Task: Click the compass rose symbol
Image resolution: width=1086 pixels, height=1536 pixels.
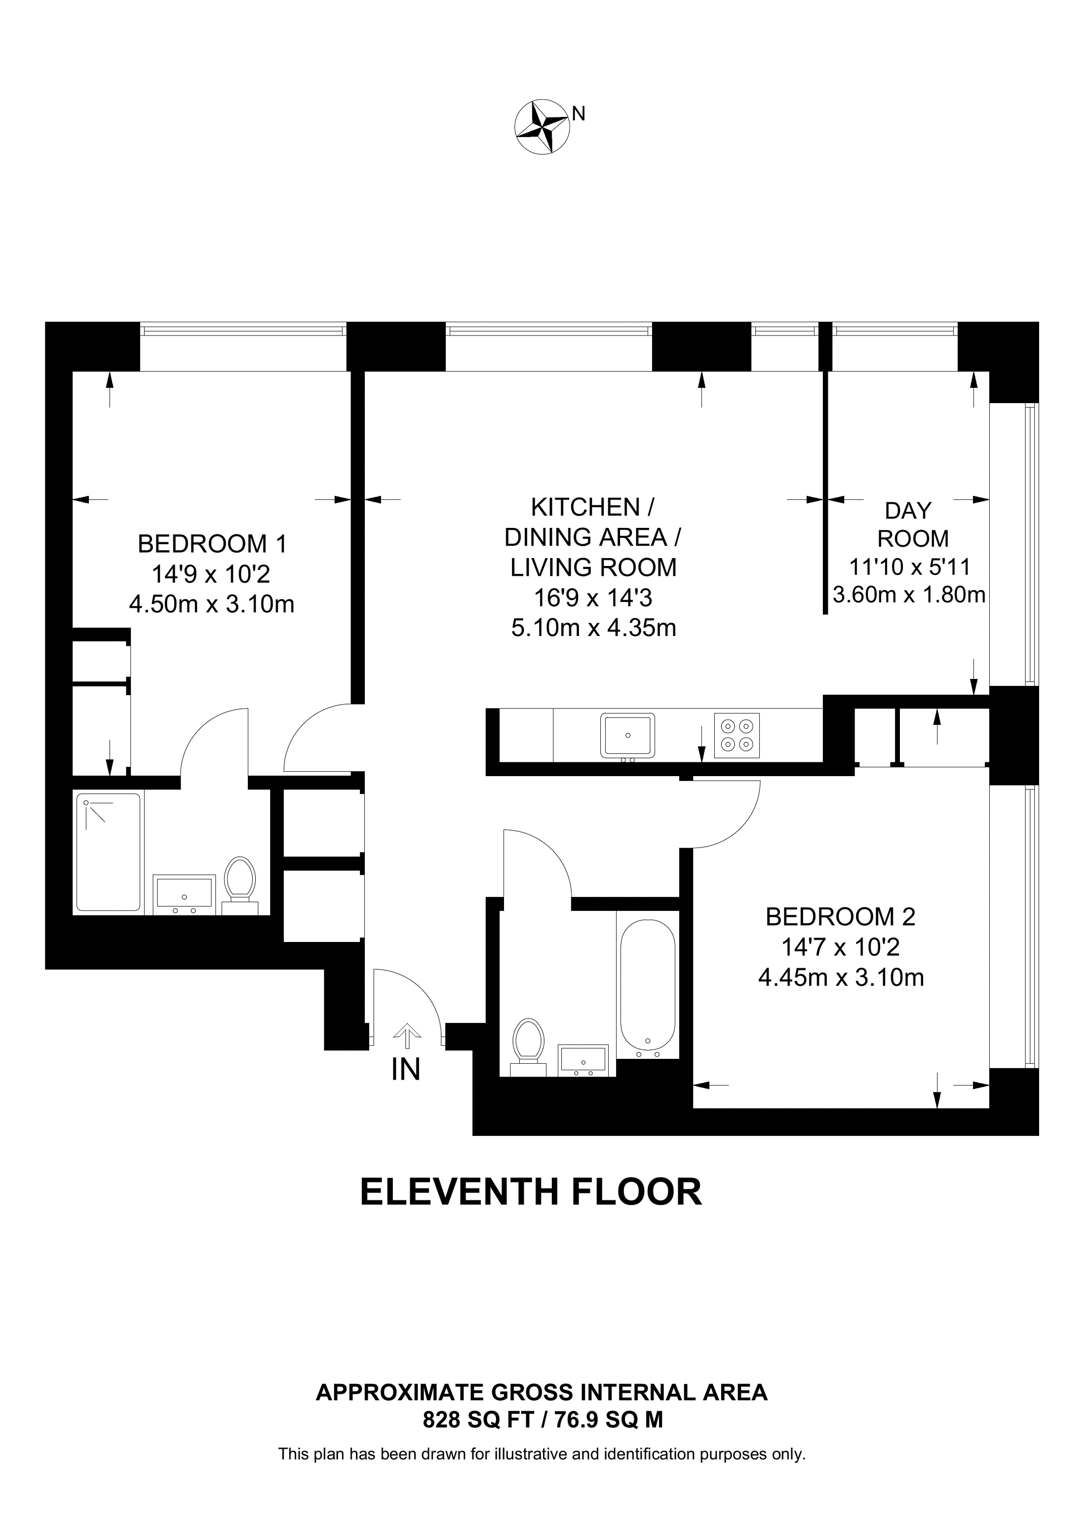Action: [x=542, y=127]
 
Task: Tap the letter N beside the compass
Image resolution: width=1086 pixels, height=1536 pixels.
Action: [x=579, y=114]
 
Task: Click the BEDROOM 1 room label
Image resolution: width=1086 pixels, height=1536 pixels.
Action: [x=212, y=544]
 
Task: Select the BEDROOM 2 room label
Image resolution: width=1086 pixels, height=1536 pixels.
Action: [x=841, y=916]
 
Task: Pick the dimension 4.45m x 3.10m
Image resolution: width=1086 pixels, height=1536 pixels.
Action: [x=841, y=977]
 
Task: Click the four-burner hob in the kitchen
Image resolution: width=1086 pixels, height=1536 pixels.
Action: [x=737, y=736]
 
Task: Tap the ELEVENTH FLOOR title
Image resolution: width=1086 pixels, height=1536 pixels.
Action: [x=531, y=1192]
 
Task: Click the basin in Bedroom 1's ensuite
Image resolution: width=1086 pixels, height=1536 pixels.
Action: [x=184, y=893]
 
